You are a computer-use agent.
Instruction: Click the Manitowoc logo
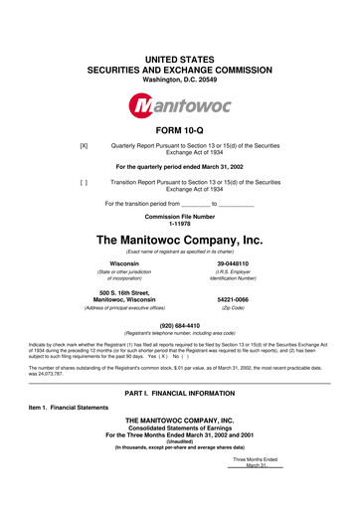click(x=179, y=103)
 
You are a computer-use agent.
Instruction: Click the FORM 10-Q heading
click(x=179, y=131)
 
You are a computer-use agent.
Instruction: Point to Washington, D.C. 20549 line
click(x=179, y=50)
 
